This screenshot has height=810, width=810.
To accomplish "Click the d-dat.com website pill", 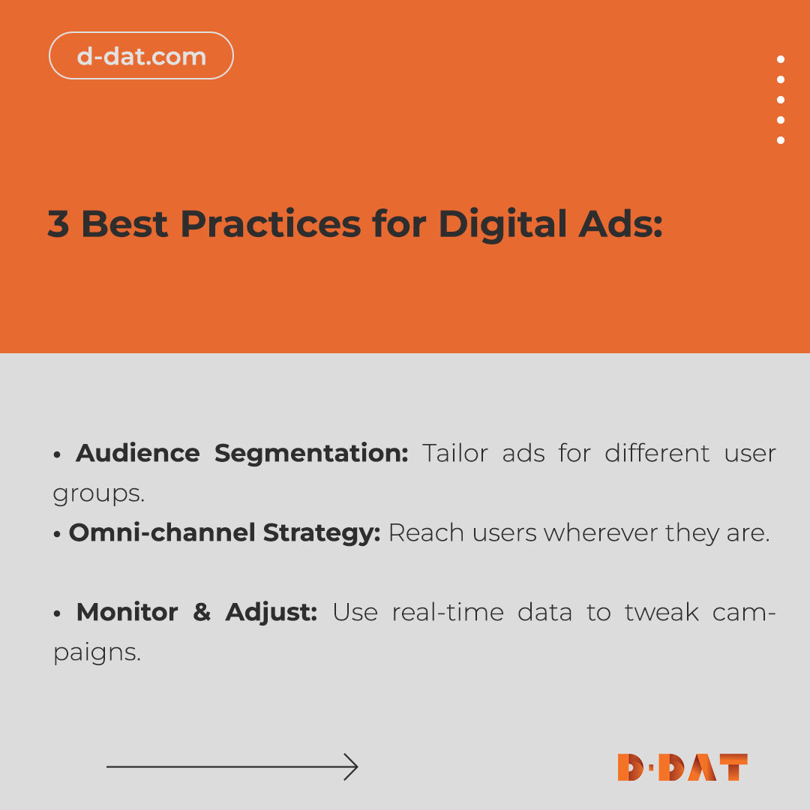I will pyautogui.click(x=141, y=55).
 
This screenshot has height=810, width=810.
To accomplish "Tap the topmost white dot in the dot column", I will pyautogui.click(x=781, y=59).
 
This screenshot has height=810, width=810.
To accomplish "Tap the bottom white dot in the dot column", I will pyautogui.click(x=781, y=140).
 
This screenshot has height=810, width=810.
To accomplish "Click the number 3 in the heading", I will pyautogui.click(x=58, y=223).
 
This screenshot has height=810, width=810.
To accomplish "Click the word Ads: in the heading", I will pyautogui.click(x=625, y=223).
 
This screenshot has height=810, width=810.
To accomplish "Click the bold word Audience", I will pyautogui.click(x=138, y=453).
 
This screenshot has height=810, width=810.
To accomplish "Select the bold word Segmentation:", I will pyautogui.click(x=311, y=453).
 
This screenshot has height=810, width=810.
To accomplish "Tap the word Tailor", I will pyautogui.click(x=454, y=453).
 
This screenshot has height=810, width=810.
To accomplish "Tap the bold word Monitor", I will pyautogui.click(x=127, y=612).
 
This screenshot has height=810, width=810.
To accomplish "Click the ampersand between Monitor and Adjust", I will pyautogui.click(x=202, y=612).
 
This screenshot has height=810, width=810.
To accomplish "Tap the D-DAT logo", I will pyautogui.click(x=682, y=767).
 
